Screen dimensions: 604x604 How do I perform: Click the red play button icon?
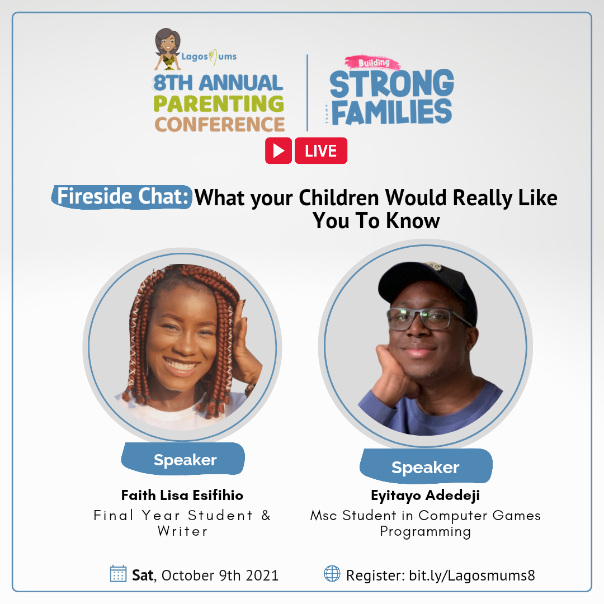[x=278, y=150]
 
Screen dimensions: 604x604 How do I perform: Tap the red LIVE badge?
[x=321, y=150]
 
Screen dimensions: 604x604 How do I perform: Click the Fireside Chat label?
[x=122, y=197]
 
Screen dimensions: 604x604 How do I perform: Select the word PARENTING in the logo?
[x=219, y=103]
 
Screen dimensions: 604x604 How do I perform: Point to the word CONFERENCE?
[x=220, y=124]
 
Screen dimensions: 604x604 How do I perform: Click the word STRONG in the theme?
[x=391, y=83]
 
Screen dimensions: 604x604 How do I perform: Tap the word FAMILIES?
[x=391, y=112]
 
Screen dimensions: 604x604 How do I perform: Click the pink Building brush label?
[x=373, y=63]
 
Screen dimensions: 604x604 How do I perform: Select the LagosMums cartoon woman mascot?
[x=168, y=49]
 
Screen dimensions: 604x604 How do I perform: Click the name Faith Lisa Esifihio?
[x=182, y=495]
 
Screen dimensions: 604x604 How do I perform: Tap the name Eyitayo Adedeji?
[x=425, y=496]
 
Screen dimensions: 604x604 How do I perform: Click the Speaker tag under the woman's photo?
[x=183, y=459]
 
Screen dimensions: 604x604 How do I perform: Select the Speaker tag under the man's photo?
[x=426, y=466]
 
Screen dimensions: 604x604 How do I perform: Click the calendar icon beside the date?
[x=118, y=574]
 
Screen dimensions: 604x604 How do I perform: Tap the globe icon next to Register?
[x=332, y=574]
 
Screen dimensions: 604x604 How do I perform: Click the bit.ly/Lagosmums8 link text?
[x=472, y=575]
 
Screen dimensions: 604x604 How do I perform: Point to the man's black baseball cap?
[x=428, y=287]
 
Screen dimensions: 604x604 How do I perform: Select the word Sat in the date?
[x=143, y=575]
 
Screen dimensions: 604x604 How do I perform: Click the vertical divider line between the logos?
[x=307, y=93]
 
